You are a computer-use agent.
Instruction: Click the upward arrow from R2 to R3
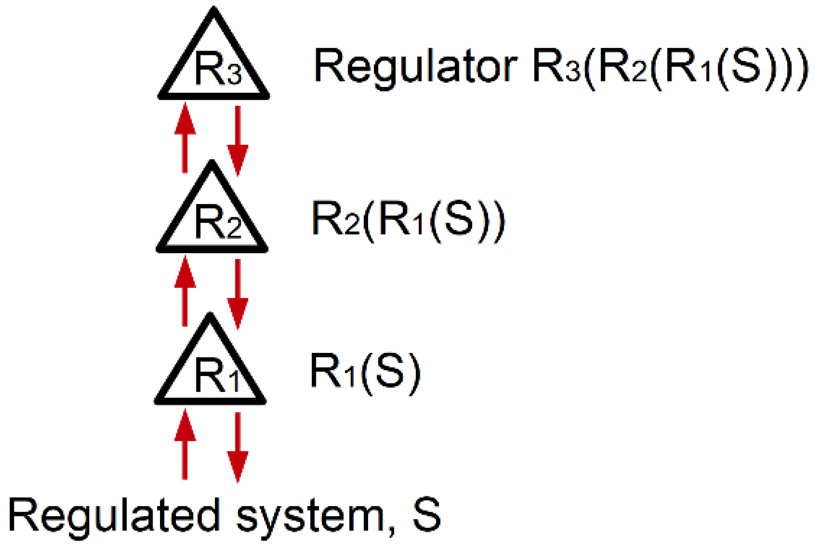tap(185, 138)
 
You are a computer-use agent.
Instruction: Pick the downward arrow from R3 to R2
tap(238, 140)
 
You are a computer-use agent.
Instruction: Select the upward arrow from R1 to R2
tap(185, 291)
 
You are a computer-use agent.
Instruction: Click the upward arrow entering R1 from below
tap(185, 444)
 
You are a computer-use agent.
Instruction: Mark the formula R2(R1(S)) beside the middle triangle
tap(408, 221)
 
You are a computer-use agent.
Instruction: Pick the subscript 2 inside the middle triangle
tap(234, 229)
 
